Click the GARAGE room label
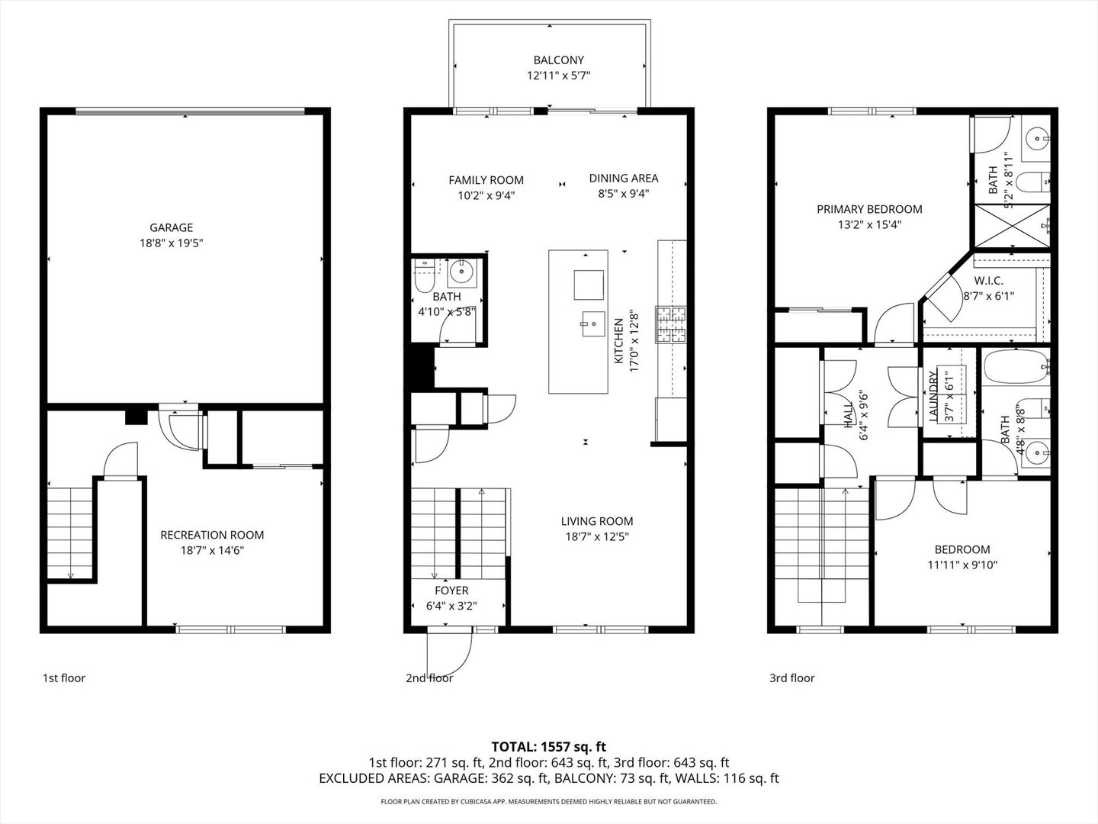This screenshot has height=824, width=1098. (x=171, y=227)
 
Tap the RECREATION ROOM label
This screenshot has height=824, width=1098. (x=212, y=535)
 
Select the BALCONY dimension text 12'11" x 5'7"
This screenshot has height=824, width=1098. (x=559, y=76)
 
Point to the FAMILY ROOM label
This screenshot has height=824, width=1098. (x=486, y=180)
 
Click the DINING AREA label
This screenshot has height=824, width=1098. (x=624, y=178)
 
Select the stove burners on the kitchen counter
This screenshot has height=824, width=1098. (x=671, y=325)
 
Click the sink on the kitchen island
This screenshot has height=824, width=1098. (x=593, y=324)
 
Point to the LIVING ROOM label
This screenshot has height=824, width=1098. (x=597, y=521)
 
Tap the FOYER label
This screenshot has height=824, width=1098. (x=451, y=591)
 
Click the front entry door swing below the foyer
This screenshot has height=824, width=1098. (x=450, y=654)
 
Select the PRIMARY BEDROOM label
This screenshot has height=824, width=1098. (x=869, y=209)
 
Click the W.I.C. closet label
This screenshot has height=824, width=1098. (x=988, y=281)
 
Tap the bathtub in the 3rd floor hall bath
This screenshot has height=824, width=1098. (x=1016, y=367)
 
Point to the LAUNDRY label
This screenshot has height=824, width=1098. (x=933, y=396)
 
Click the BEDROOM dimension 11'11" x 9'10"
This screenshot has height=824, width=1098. (x=962, y=565)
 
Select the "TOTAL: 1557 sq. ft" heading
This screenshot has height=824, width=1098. (x=549, y=747)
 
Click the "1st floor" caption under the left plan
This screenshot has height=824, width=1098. (x=64, y=678)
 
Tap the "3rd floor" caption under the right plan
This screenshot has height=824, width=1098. (x=792, y=678)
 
